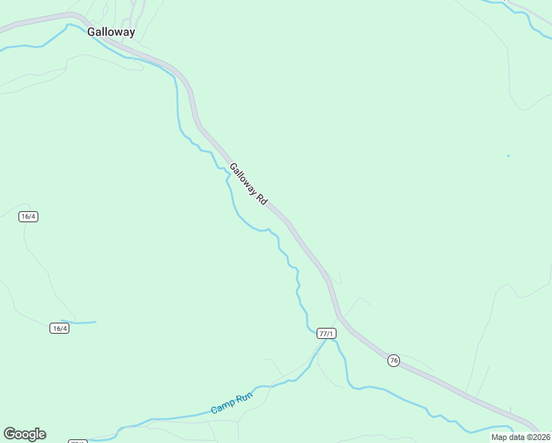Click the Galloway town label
coord(111,32)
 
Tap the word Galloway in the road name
coord(243,179)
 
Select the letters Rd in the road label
coord(262,200)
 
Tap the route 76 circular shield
coord(393,360)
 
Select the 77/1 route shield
coord(326,334)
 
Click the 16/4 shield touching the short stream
coord(60,328)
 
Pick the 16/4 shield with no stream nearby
coord(29,216)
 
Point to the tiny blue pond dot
coord(508,156)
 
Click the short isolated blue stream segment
coord(83,322)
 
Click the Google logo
coord(24,434)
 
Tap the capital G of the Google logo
coord(9,434)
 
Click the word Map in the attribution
coord(499,437)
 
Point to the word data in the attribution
coord(515,437)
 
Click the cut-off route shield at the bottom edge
coord(77,442)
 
